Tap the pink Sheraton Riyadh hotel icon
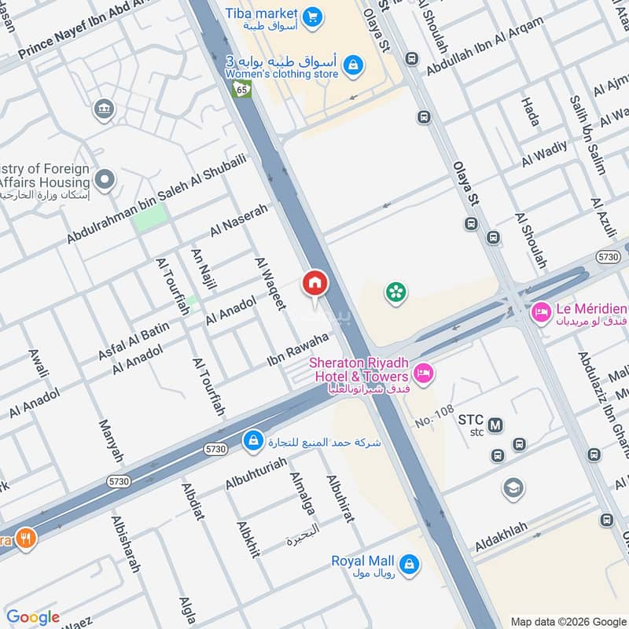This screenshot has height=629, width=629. [423, 374]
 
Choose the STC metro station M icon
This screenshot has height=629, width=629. [495, 425]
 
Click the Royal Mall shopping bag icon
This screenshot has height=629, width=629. [409, 563]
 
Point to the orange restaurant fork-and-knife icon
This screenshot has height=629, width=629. [26, 539]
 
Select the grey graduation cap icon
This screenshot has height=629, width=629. [513, 488]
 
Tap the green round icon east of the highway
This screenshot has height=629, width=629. [395, 293]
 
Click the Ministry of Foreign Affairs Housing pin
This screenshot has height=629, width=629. [104, 179]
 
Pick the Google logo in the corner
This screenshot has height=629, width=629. [33, 617]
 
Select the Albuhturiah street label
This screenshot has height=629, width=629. [256, 473]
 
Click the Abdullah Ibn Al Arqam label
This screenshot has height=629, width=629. [485, 46]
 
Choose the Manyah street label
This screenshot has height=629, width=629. [111, 441]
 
